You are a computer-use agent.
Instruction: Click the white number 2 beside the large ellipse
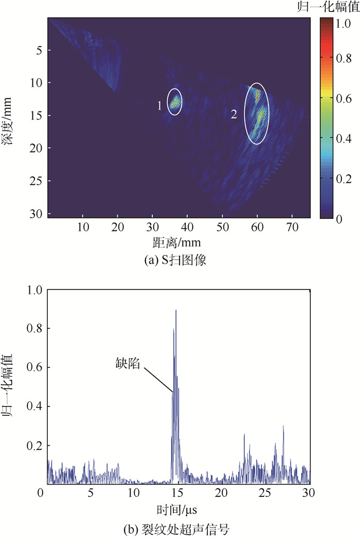234,115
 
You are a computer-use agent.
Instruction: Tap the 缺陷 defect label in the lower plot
128,363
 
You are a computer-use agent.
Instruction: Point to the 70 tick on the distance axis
292,226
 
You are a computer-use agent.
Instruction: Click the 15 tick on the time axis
177,494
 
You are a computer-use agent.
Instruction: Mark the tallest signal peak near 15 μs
176,311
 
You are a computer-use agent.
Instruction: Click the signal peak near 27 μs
283,426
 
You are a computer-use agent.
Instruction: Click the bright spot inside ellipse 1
175,102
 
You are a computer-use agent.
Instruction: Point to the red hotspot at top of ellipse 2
258,96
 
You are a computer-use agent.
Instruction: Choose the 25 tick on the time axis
266,494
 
